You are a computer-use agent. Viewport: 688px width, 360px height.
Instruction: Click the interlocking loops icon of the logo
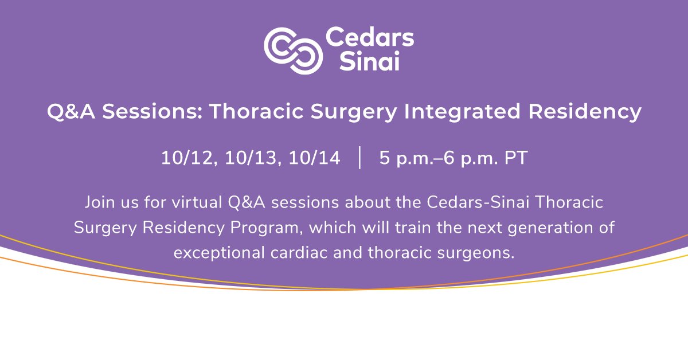pyautogui.click(x=293, y=50)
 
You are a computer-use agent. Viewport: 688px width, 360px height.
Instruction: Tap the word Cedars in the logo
pyautogui.click(x=369, y=38)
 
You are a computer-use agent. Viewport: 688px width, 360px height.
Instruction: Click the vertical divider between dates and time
pyautogui.click(x=360, y=158)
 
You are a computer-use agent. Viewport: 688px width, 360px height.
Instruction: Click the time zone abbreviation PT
pyautogui.click(x=516, y=158)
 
